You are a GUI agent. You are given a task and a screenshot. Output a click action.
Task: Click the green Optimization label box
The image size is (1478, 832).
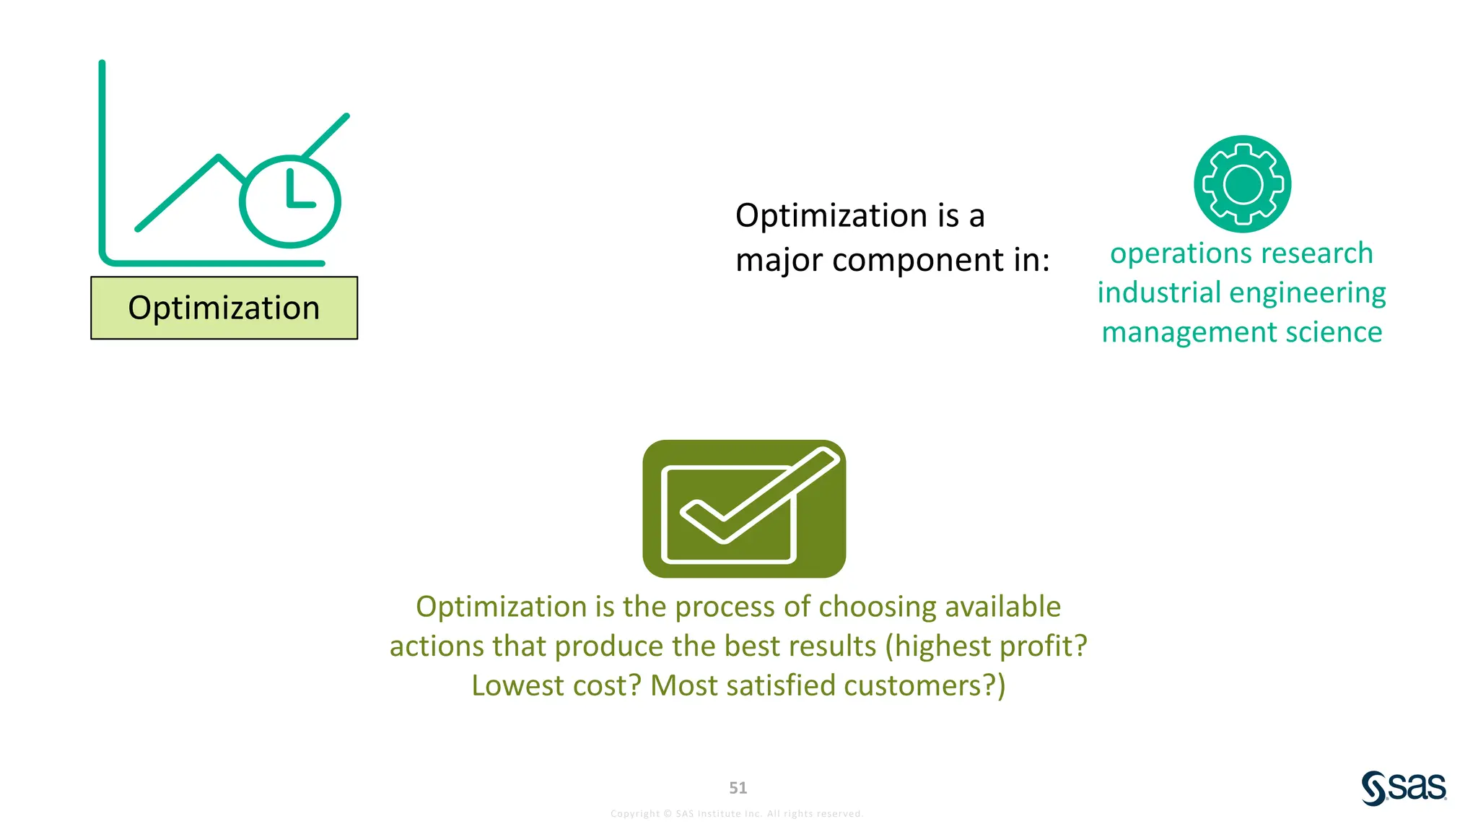click(224, 308)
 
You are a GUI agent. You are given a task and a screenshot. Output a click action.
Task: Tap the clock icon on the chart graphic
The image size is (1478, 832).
click(289, 201)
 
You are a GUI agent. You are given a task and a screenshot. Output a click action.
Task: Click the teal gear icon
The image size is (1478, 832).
click(1242, 184)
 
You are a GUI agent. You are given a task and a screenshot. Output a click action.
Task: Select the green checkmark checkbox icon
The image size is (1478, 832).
click(744, 508)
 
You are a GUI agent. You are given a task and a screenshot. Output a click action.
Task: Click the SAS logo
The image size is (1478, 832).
click(1404, 787)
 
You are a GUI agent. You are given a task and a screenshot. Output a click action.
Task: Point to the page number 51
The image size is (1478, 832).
click(738, 788)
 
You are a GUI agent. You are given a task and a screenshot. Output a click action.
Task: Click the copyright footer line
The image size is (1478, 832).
click(736, 814)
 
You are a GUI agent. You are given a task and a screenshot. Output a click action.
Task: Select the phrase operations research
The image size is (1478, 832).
click(1241, 253)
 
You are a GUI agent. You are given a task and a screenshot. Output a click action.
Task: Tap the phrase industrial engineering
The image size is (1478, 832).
click(1241, 293)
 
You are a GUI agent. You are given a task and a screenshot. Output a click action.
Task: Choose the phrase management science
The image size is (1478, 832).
click(1241, 332)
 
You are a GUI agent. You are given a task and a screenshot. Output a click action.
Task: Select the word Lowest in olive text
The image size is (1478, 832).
click(517, 685)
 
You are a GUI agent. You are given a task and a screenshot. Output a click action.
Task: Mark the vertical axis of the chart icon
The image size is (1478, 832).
click(102, 159)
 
